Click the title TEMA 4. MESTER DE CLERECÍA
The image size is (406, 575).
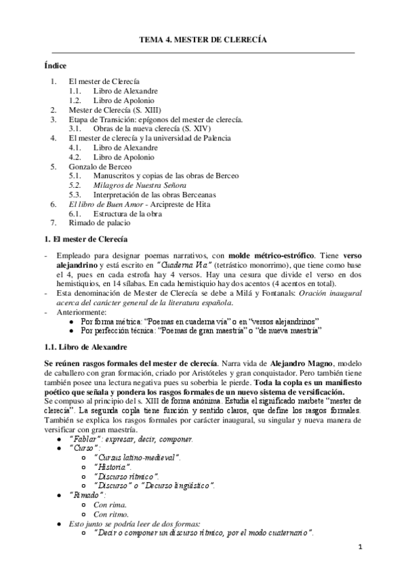coord(203,41)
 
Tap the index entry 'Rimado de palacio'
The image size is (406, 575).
coord(99,222)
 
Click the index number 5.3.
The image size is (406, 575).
coord(75,194)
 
